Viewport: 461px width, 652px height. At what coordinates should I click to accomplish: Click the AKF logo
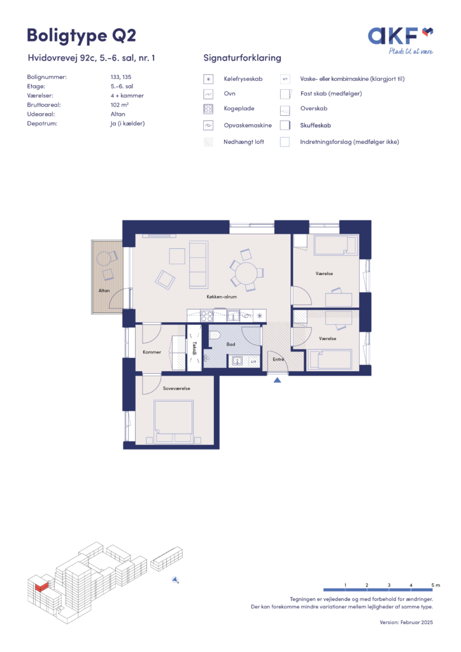(401, 40)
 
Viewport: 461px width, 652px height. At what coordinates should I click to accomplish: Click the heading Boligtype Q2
(82, 36)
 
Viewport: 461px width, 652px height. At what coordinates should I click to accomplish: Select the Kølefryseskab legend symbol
(208, 79)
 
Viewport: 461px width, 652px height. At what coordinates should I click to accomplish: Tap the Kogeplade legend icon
(208, 109)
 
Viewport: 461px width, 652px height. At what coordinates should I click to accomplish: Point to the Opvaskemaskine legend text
(248, 125)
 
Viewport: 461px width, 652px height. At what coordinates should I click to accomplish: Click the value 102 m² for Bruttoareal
(120, 105)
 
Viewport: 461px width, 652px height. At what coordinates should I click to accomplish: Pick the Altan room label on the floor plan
(104, 290)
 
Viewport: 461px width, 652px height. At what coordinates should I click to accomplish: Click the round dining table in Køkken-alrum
(247, 273)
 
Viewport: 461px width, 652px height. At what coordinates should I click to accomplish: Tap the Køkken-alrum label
(222, 297)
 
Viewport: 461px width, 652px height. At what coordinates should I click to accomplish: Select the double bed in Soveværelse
(174, 422)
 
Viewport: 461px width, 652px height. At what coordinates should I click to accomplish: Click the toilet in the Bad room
(215, 335)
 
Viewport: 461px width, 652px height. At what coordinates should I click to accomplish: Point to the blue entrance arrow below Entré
(277, 379)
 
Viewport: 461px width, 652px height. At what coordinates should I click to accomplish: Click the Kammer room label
(152, 352)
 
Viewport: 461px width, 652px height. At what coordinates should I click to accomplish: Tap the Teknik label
(194, 348)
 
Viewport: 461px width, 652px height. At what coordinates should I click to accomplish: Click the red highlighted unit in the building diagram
(41, 586)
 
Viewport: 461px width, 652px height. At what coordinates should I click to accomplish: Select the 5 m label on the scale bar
(436, 585)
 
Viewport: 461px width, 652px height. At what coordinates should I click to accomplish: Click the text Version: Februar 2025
(406, 623)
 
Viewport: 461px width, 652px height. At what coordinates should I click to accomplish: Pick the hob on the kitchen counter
(207, 316)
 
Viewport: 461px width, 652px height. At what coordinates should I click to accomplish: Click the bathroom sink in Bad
(236, 360)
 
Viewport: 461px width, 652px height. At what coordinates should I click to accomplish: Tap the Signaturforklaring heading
(243, 58)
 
